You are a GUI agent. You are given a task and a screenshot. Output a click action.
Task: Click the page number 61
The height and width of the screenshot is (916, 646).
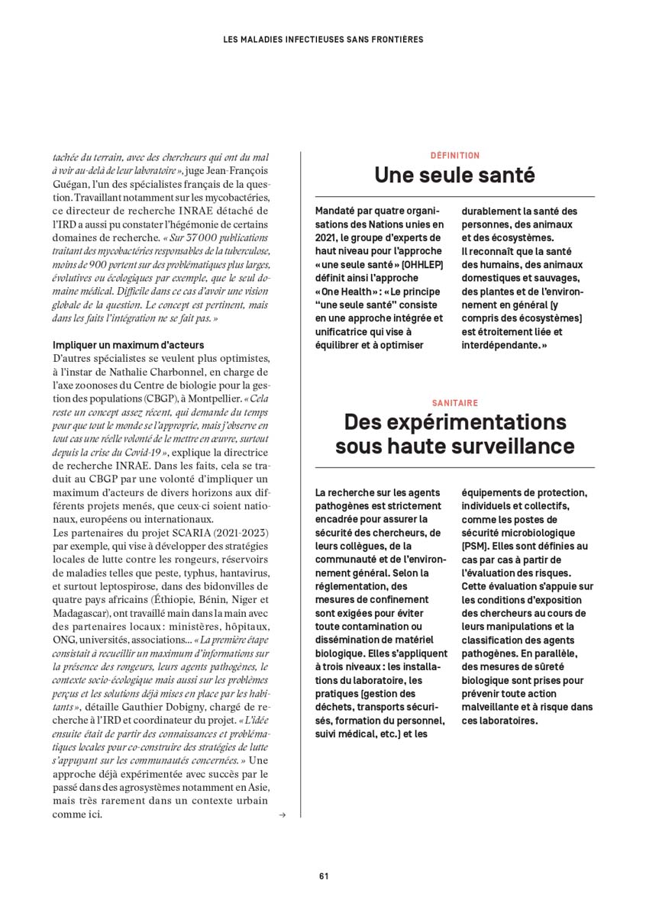tap(323, 876)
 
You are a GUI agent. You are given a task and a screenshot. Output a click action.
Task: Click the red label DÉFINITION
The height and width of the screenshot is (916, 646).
tap(454, 156)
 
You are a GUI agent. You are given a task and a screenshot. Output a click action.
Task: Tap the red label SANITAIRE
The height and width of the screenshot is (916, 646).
tap(454, 402)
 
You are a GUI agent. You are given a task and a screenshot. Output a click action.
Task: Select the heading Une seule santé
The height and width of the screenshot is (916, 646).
tap(454, 176)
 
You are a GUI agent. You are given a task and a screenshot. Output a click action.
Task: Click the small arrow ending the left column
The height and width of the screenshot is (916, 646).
tap(283, 814)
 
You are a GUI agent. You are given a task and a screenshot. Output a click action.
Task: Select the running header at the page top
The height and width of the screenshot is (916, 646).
tap(323, 38)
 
